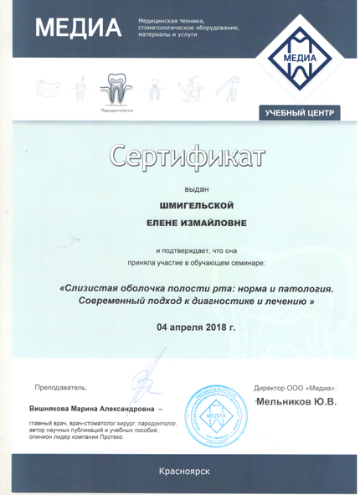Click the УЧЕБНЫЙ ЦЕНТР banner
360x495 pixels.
point(300,112)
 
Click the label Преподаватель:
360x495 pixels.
point(61,387)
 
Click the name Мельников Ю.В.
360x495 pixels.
point(297,403)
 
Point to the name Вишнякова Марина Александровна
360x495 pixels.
point(92,409)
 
